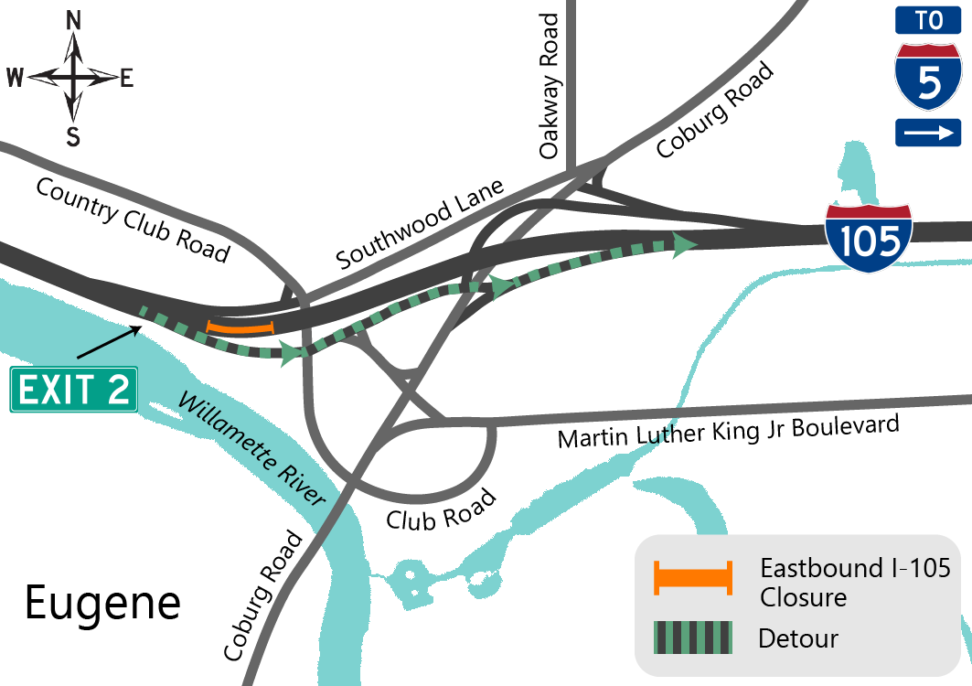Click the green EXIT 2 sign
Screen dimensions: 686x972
point(74,390)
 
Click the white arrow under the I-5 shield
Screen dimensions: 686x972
point(928,134)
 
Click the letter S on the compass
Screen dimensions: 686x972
point(73,137)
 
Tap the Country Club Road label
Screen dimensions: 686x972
point(132,220)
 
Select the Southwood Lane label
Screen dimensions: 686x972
point(420,224)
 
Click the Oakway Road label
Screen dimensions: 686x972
point(550,87)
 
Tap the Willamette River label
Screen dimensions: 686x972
point(251,449)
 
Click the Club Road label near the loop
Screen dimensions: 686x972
point(441,509)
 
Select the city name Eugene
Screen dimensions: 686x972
point(102,603)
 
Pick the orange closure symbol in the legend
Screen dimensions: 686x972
point(692,579)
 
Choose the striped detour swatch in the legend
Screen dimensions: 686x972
point(692,638)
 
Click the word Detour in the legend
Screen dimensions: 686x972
point(798,638)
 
